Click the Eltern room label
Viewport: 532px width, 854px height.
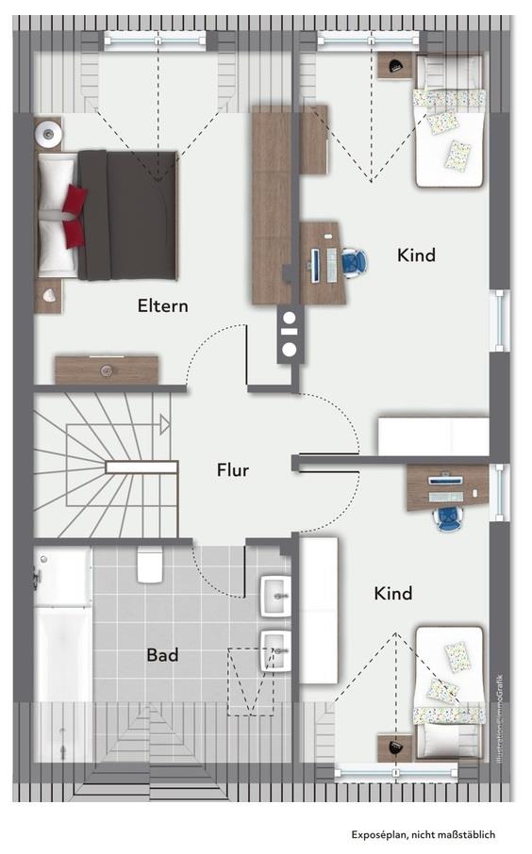point(163,305)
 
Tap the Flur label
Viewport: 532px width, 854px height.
point(232,469)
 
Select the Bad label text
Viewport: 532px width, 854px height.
point(162,654)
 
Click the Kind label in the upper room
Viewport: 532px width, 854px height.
point(416,255)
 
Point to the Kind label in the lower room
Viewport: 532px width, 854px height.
point(393,594)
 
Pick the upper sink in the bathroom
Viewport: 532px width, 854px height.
point(274,591)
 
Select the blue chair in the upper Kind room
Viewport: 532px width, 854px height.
point(354,263)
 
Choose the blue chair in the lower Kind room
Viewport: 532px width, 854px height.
point(448,517)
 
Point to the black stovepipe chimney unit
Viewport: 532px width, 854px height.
point(289,335)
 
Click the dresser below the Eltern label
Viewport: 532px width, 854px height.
point(106,370)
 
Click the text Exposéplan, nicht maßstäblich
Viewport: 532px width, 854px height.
point(423,834)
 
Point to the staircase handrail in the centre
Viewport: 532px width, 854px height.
point(141,468)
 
